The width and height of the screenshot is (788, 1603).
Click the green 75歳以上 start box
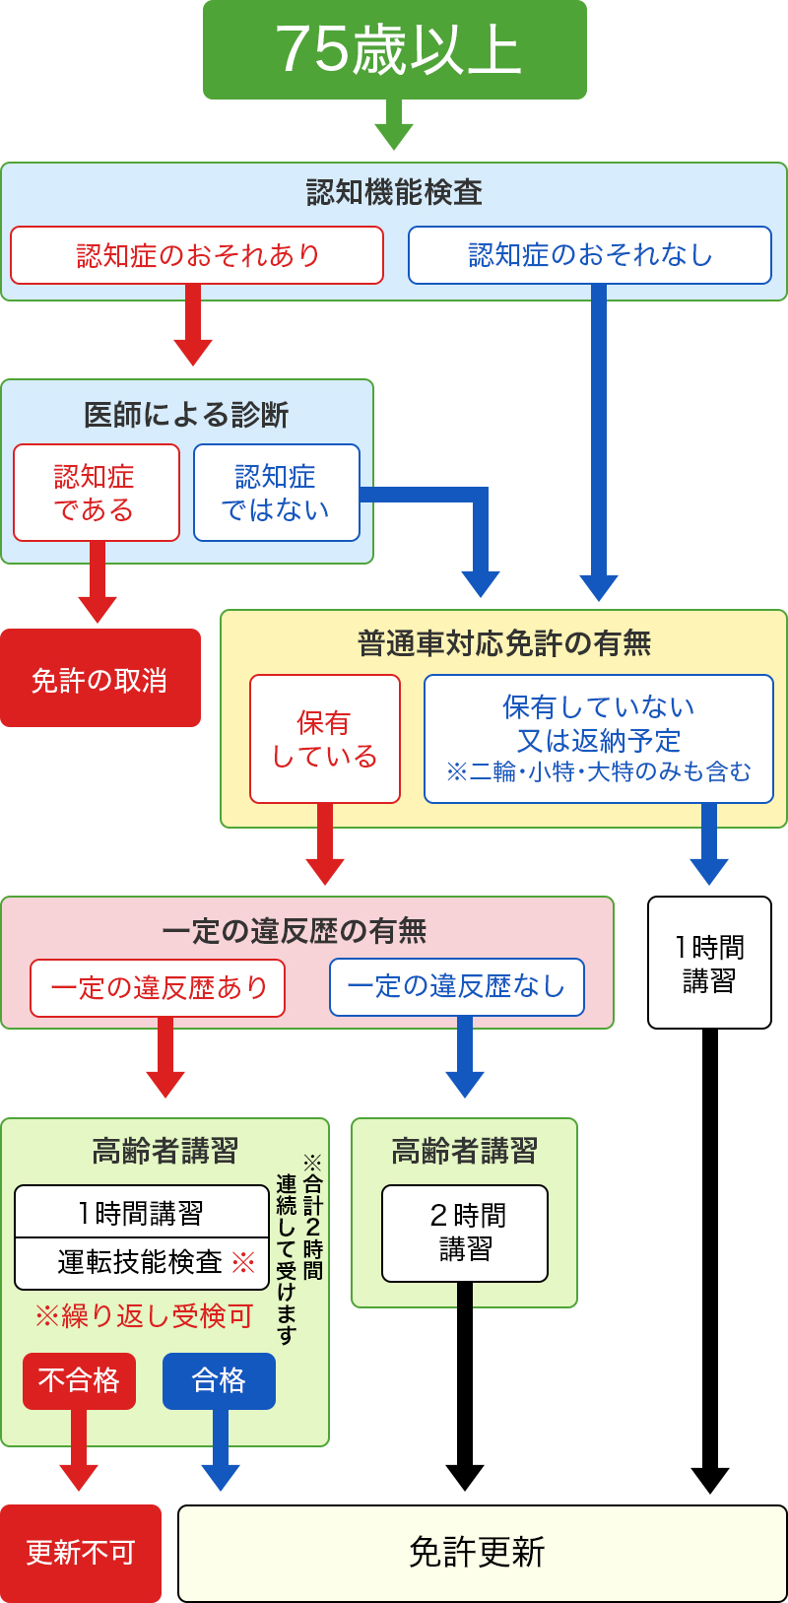tap(394, 49)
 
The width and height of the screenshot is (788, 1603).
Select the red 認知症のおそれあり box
tap(197, 255)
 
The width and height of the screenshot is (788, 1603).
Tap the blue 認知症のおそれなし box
tap(589, 255)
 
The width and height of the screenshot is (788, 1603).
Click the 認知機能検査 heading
tap(394, 192)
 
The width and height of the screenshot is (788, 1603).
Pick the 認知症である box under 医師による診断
tap(97, 493)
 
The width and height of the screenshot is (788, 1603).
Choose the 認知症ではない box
tap(276, 493)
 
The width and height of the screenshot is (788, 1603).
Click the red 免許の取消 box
tap(99, 679)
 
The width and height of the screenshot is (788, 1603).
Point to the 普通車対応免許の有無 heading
tap(504, 643)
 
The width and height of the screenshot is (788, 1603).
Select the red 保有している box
tap(324, 739)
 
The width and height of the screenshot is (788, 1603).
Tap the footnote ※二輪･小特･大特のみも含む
tap(598, 771)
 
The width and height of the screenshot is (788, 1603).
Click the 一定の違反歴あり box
tap(158, 987)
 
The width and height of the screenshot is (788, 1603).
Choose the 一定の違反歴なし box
tap(456, 987)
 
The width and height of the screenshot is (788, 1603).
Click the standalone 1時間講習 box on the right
tap(709, 963)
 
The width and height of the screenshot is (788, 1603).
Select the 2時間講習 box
tap(465, 1233)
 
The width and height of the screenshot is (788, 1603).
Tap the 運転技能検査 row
tap(142, 1263)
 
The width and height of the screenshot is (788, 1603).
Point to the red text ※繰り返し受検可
tap(144, 1316)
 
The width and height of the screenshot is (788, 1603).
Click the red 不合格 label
tap(79, 1380)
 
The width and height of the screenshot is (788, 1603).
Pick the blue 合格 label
tap(219, 1380)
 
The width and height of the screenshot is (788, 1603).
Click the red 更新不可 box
tap(80, 1553)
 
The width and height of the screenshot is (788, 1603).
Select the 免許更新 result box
tap(482, 1553)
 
